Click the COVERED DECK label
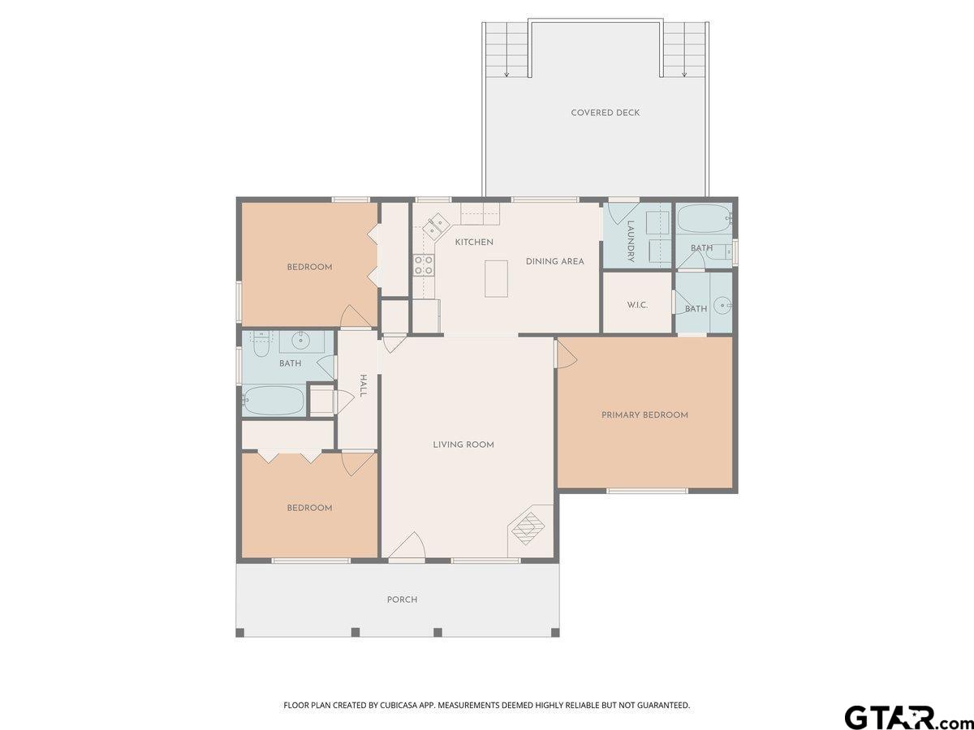click(x=606, y=113)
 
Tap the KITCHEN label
click(x=474, y=242)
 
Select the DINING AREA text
click(x=554, y=261)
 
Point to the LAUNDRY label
click(x=631, y=242)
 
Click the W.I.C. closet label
click(x=637, y=306)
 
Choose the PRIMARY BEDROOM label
click(x=644, y=415)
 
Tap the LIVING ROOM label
click(x=463, y=445)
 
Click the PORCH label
click(x=402, y=599)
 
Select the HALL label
click(x=364, y=385)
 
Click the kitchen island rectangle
click(x=496, y=279)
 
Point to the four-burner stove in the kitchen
click(x=424, y=265)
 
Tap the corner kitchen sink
click(x=434, y=225)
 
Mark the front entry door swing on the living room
click(x=407, y=545)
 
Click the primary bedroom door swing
click(x=567, y=353)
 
